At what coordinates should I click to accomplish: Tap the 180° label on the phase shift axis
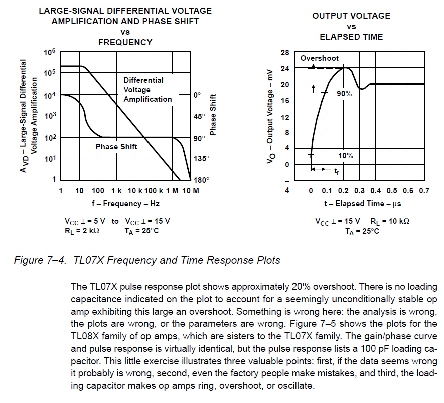(201, 180)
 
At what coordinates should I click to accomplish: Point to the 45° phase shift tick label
(199, 116)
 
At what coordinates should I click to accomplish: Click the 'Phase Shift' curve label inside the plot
(116, 147)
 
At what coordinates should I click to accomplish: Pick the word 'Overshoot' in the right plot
(320, 58)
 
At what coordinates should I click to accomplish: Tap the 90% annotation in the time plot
(344, 94)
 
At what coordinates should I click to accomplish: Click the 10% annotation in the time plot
(345, 156)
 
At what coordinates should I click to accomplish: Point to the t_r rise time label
(337, 171)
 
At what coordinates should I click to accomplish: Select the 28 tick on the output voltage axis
(285, 53)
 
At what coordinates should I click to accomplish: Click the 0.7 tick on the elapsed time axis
(424, 191)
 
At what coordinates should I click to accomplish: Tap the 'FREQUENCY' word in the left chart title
(125, 42)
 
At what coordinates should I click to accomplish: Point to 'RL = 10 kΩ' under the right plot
(390, 221)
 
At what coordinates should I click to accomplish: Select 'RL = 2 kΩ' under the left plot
(82, 231)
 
